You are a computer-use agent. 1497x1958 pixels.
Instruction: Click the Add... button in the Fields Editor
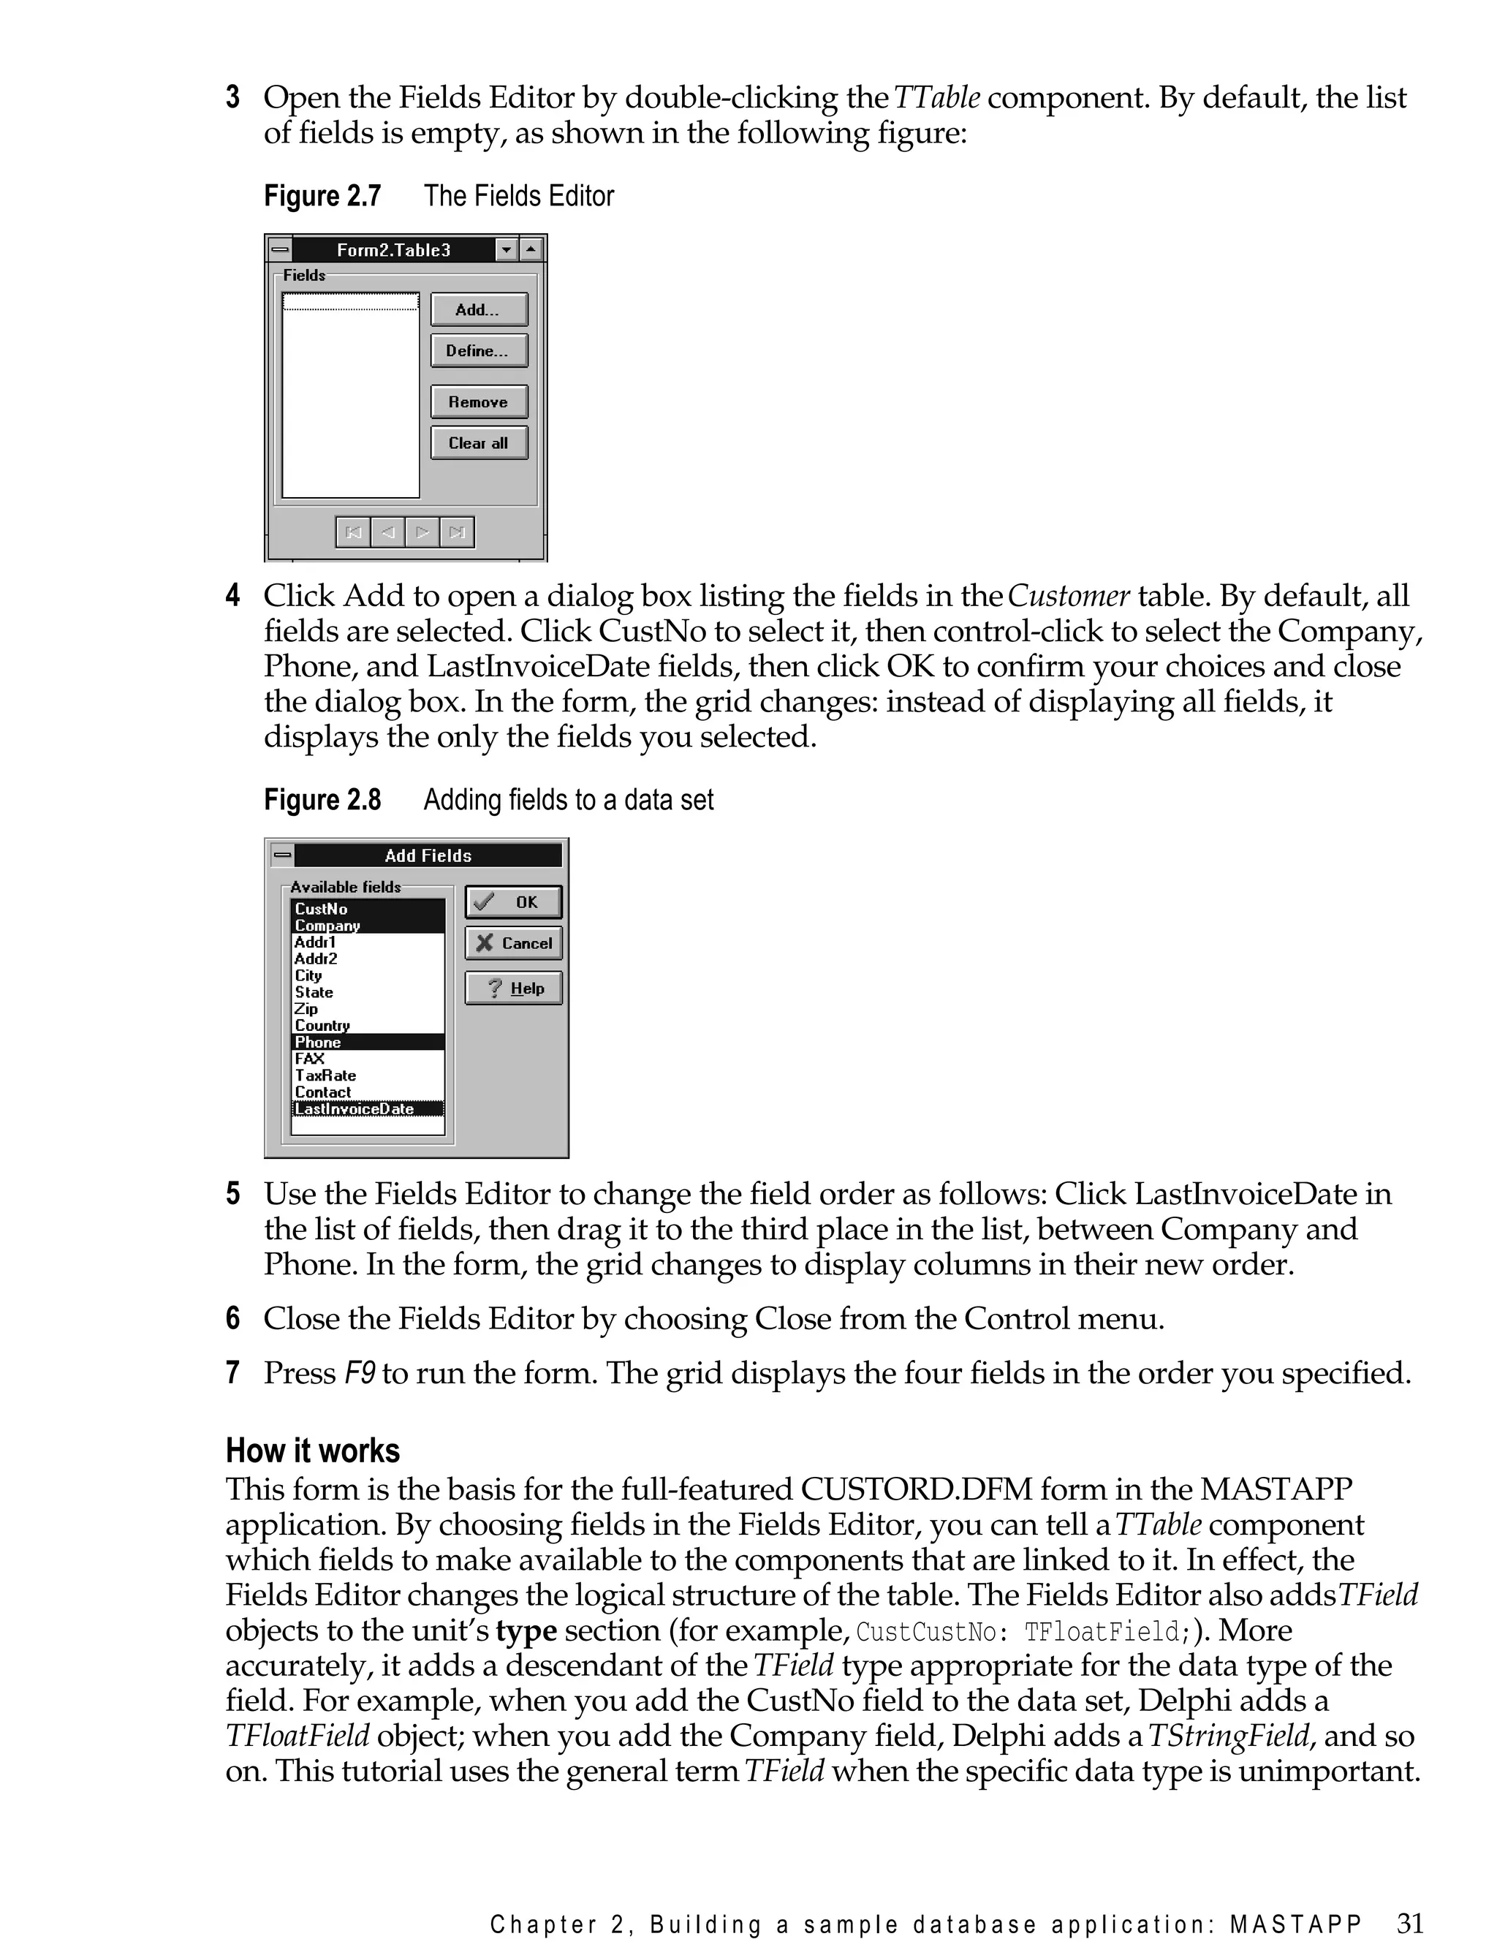(479, 309)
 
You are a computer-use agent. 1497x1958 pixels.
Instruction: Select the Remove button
(479, 402)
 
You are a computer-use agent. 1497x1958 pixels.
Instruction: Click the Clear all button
(479, 443)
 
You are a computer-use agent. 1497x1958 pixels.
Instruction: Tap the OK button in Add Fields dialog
(513, 902)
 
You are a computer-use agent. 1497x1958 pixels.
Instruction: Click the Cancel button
(513, 943)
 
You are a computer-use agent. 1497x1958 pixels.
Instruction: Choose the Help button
(513, 989)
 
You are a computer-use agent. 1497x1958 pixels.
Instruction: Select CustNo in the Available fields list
(322, 909)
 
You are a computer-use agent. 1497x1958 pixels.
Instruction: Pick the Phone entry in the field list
(318, 1042)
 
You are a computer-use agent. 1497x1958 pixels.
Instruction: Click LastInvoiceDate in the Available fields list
(355, 1108)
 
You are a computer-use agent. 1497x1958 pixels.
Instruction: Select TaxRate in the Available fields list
(325, 1076)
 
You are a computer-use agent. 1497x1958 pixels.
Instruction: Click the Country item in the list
(322, 1026)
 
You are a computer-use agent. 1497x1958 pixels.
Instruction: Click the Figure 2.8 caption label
(322, 801)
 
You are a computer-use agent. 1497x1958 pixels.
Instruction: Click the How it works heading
(312, 1451)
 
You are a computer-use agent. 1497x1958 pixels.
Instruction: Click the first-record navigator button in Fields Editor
(354, 533)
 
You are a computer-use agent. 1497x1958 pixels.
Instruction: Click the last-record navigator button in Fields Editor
(457, 533)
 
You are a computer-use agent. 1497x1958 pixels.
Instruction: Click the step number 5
(232, 1193)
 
